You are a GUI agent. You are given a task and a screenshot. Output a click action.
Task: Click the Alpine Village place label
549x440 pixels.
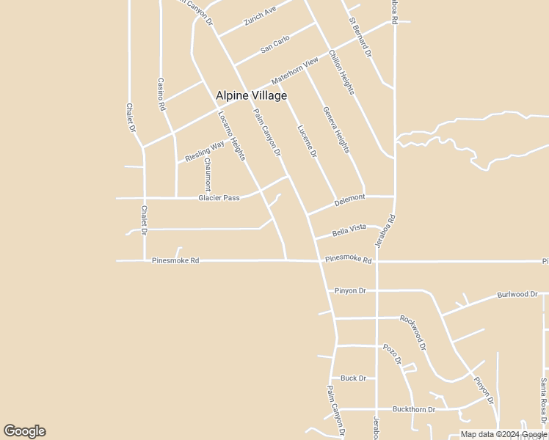tap(251, 95)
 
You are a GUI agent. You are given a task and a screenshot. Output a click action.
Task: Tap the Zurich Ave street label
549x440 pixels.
tap(261, 16)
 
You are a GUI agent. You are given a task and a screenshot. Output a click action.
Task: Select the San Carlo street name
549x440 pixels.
tap(276, 44)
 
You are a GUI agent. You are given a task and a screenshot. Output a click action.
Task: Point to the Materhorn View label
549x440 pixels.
tap(294, 70)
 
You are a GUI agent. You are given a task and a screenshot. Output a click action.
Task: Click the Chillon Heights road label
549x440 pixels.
tap(342, 72)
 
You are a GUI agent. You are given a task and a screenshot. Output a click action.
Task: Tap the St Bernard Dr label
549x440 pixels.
tap(361, 39)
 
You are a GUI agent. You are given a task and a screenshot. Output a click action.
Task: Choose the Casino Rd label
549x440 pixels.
tap(161, 95)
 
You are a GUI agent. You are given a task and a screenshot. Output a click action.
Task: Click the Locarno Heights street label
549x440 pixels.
tap(231, 136)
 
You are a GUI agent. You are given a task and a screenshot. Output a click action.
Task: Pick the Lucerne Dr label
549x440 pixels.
tap(307, 142)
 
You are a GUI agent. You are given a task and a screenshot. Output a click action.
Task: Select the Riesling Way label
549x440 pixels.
tap(205, 152)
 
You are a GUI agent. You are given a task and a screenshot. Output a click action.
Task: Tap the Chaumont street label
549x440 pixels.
tap(208, 174)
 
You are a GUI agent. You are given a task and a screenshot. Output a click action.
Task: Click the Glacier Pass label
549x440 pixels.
tap(219, 198)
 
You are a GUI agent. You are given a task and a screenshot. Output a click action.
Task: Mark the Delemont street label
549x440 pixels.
tap(349, 198)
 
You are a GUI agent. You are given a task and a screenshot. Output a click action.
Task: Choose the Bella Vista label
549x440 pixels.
tap(349, 229)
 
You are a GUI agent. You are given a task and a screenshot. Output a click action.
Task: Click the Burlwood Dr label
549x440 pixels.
tap(517, 295)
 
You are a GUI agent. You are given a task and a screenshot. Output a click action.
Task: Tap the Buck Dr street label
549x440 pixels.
tap(353, 378)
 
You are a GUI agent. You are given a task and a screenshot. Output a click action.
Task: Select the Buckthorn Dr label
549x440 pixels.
tap(414, 409)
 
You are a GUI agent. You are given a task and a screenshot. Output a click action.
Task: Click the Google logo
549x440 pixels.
tap(24, 431)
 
